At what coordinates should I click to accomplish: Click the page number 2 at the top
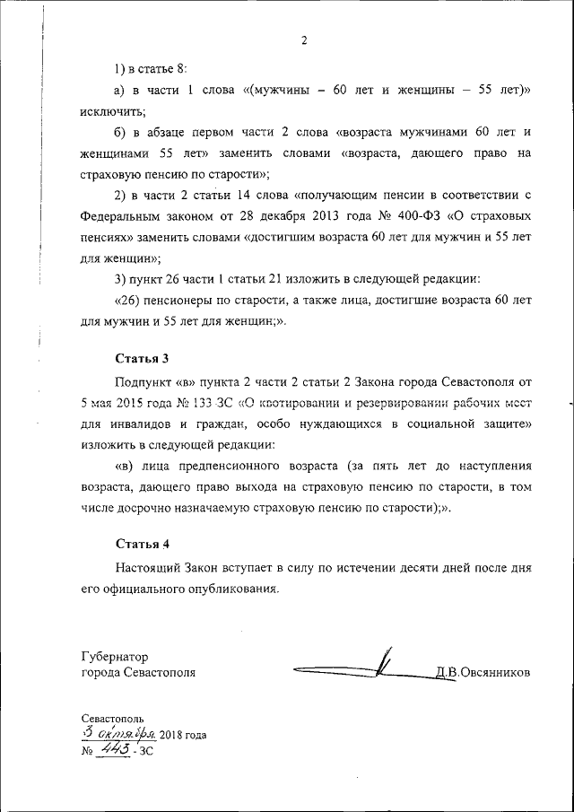point(304,39)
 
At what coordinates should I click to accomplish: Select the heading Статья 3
point(142,359)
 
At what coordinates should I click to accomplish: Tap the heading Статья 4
point(142,545)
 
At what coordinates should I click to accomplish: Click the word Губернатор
point(114,656)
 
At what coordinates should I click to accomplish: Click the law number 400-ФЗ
point(416,217)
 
